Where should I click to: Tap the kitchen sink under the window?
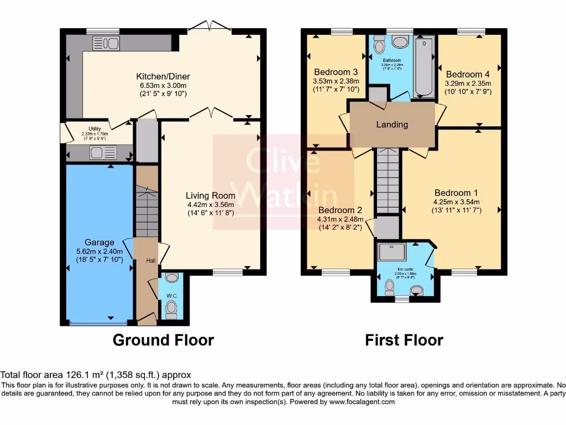[x=106, y=43]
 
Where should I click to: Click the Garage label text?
[x=99, y=242]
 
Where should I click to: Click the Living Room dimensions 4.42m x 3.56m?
[x=210, y=204]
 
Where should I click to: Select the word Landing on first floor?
[x=392, y=125]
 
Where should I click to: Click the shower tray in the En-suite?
[x=392, y=252]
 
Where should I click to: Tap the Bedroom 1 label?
[x=452, y=193]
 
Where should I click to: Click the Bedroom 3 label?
[x=336, y=72]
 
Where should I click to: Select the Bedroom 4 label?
[x=468, y=74]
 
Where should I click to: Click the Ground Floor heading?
[x=163, y=340]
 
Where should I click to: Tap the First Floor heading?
[x=404, y=340]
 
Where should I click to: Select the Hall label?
[x=151, y=260]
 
